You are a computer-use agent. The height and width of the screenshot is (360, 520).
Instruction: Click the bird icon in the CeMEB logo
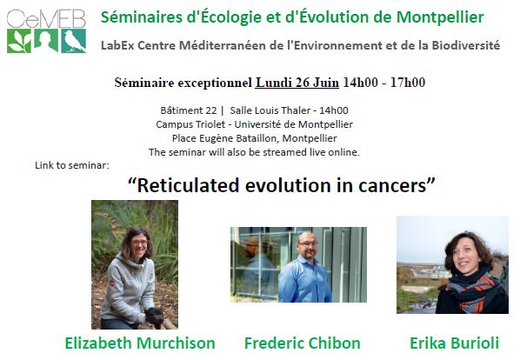pos(74,41)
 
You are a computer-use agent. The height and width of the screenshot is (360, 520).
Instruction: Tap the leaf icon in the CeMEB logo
pos(19,41)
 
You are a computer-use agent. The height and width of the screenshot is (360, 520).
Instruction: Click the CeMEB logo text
pos(46,18)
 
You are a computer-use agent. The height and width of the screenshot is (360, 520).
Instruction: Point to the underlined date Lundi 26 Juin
pos(297,83)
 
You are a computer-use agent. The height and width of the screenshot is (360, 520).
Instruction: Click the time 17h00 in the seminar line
pos(408,83)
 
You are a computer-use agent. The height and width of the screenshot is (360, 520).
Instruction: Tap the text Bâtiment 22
pos(189,110)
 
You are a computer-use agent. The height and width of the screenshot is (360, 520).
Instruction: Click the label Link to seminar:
pos(72,165)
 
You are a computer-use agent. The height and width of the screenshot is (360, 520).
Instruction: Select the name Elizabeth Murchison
pos(140,343)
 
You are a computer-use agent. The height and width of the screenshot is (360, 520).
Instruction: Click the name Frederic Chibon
pos(302,343)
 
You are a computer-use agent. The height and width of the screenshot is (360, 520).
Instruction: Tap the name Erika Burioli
pos(454,343)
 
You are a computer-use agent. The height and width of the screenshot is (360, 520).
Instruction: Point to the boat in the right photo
pos(430,272)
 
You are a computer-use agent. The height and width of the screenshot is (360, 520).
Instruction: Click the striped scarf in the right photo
pos(474,291)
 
